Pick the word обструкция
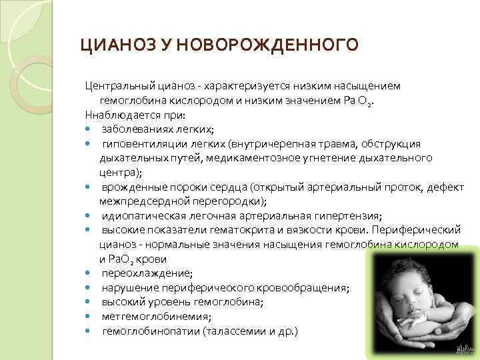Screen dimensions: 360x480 point(389,143)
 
